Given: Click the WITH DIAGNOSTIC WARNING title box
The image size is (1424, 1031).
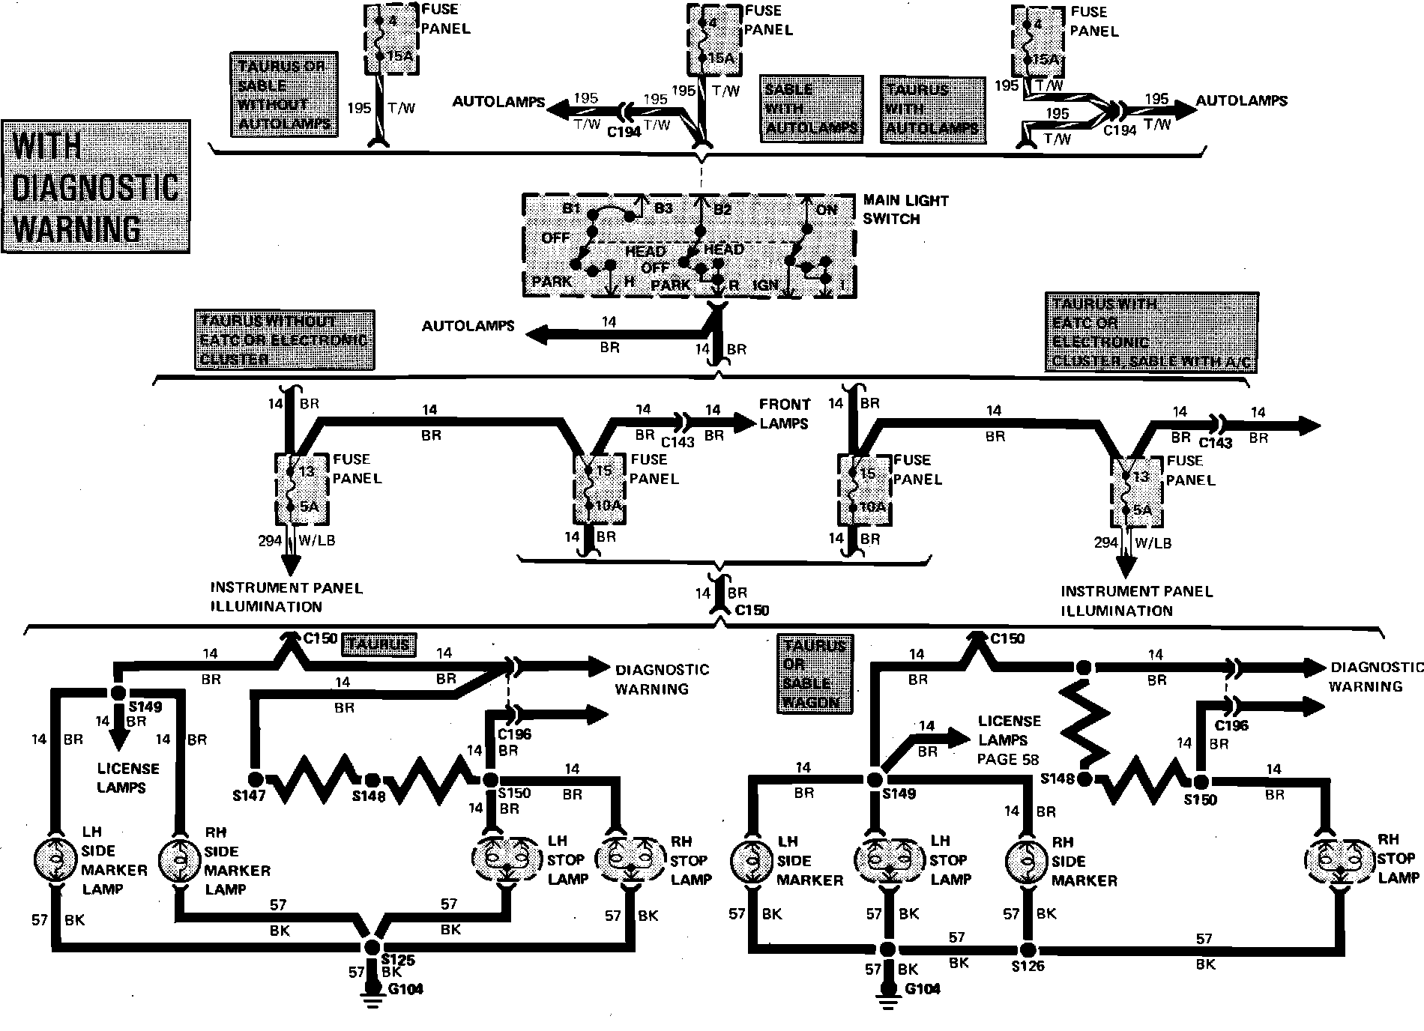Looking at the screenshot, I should [x=96, y=186].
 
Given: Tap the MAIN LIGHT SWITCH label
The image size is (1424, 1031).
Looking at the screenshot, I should [x=905, y=210].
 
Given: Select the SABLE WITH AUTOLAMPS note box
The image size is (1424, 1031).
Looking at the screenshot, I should [x=810, y=109].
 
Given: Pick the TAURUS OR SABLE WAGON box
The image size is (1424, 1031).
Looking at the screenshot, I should [x=815, y=674].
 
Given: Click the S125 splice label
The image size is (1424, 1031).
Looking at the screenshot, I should [x=397, y=960].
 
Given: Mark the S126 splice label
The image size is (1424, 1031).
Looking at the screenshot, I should [x=1028, y=966].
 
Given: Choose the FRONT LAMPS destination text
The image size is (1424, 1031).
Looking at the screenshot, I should [x=785, y=414].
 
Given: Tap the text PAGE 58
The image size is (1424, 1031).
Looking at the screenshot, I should [x=1009, y=759].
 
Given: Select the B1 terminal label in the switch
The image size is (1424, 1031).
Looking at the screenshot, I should [x=572, y=208].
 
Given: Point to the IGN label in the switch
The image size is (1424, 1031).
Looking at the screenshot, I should [x=765, y=285].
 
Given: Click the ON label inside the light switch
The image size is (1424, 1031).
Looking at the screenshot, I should [x=826, y=209].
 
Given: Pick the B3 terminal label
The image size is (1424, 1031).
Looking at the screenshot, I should [x=663, y=208].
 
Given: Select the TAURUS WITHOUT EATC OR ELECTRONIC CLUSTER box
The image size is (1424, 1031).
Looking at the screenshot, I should [x=284, y=339].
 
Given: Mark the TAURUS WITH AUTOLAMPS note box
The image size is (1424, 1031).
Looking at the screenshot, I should [x=932, y=109].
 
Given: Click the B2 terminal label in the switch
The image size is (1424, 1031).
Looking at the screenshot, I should [x=722, y=209].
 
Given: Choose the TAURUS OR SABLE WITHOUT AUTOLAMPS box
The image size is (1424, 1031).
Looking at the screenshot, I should [x=284, y=94].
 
